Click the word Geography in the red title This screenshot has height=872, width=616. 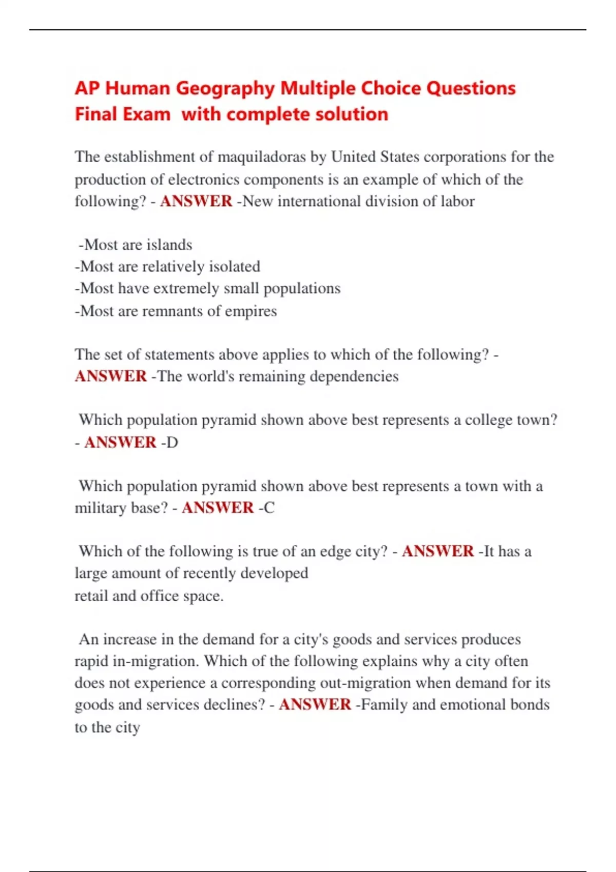[225, 89]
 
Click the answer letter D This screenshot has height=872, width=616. [172, 442]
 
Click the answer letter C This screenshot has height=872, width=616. [269, 508]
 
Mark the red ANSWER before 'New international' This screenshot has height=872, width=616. [196, 201]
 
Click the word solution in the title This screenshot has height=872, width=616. [352, 114]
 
